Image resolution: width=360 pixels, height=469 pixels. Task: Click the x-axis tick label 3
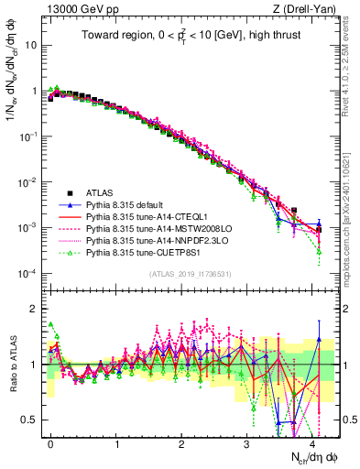coord(246,442)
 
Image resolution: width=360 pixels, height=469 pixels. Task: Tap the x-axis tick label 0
coord(50,442)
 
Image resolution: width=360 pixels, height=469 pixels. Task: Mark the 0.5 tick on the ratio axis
coord(32,420)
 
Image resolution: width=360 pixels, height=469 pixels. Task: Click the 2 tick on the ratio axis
coord(35,308)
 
